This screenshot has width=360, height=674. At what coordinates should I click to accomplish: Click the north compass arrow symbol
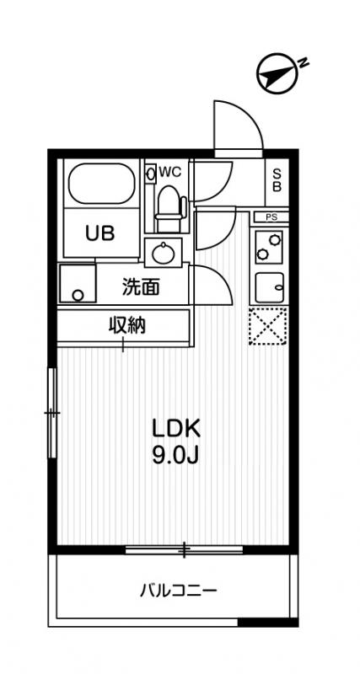(x=279, y=73)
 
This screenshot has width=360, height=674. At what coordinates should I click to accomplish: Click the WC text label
(x=170, y=171)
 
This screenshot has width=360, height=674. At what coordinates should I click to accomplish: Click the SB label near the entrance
(x=276, y=180)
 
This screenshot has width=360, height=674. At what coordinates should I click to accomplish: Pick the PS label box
(x=271, y=217)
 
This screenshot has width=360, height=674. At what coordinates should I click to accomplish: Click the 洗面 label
(x=140, y=286)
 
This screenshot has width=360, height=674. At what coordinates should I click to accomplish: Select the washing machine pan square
(x=78, y=285)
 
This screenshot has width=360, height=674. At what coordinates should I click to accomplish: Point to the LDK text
(x=176, y=427)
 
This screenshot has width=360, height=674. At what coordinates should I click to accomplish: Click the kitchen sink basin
(x=269, y=288)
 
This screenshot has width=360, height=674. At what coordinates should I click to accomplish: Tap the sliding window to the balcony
(x=184, y=550)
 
